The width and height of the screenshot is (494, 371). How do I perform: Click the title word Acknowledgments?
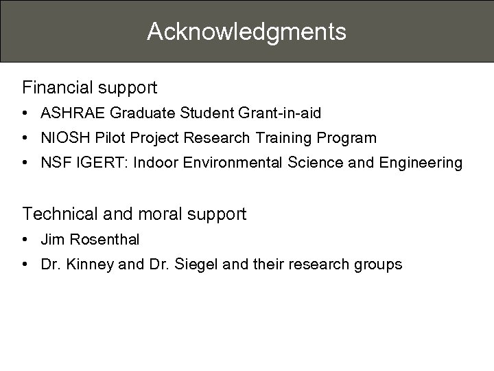pos(246,32)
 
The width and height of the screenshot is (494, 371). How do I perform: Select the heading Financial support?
pos(90,88)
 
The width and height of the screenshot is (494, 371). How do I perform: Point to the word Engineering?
pos(423,163)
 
